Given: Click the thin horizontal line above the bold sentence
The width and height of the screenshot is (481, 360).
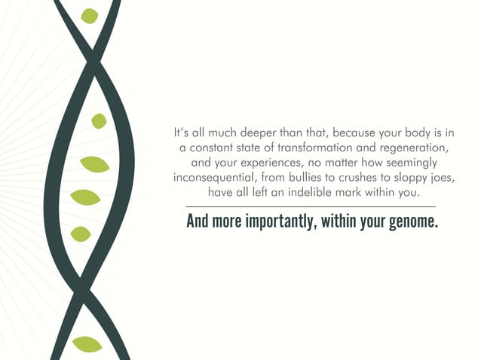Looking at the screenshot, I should (x=311, y=206).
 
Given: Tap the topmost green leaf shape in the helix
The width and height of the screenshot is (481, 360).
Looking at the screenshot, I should (x=90, y=16).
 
